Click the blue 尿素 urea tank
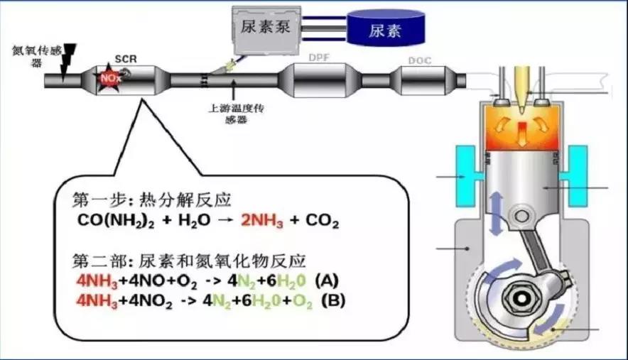(x=388, y=31)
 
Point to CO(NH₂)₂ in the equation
(x=117, y=222)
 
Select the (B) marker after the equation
(x=333, y=300)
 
